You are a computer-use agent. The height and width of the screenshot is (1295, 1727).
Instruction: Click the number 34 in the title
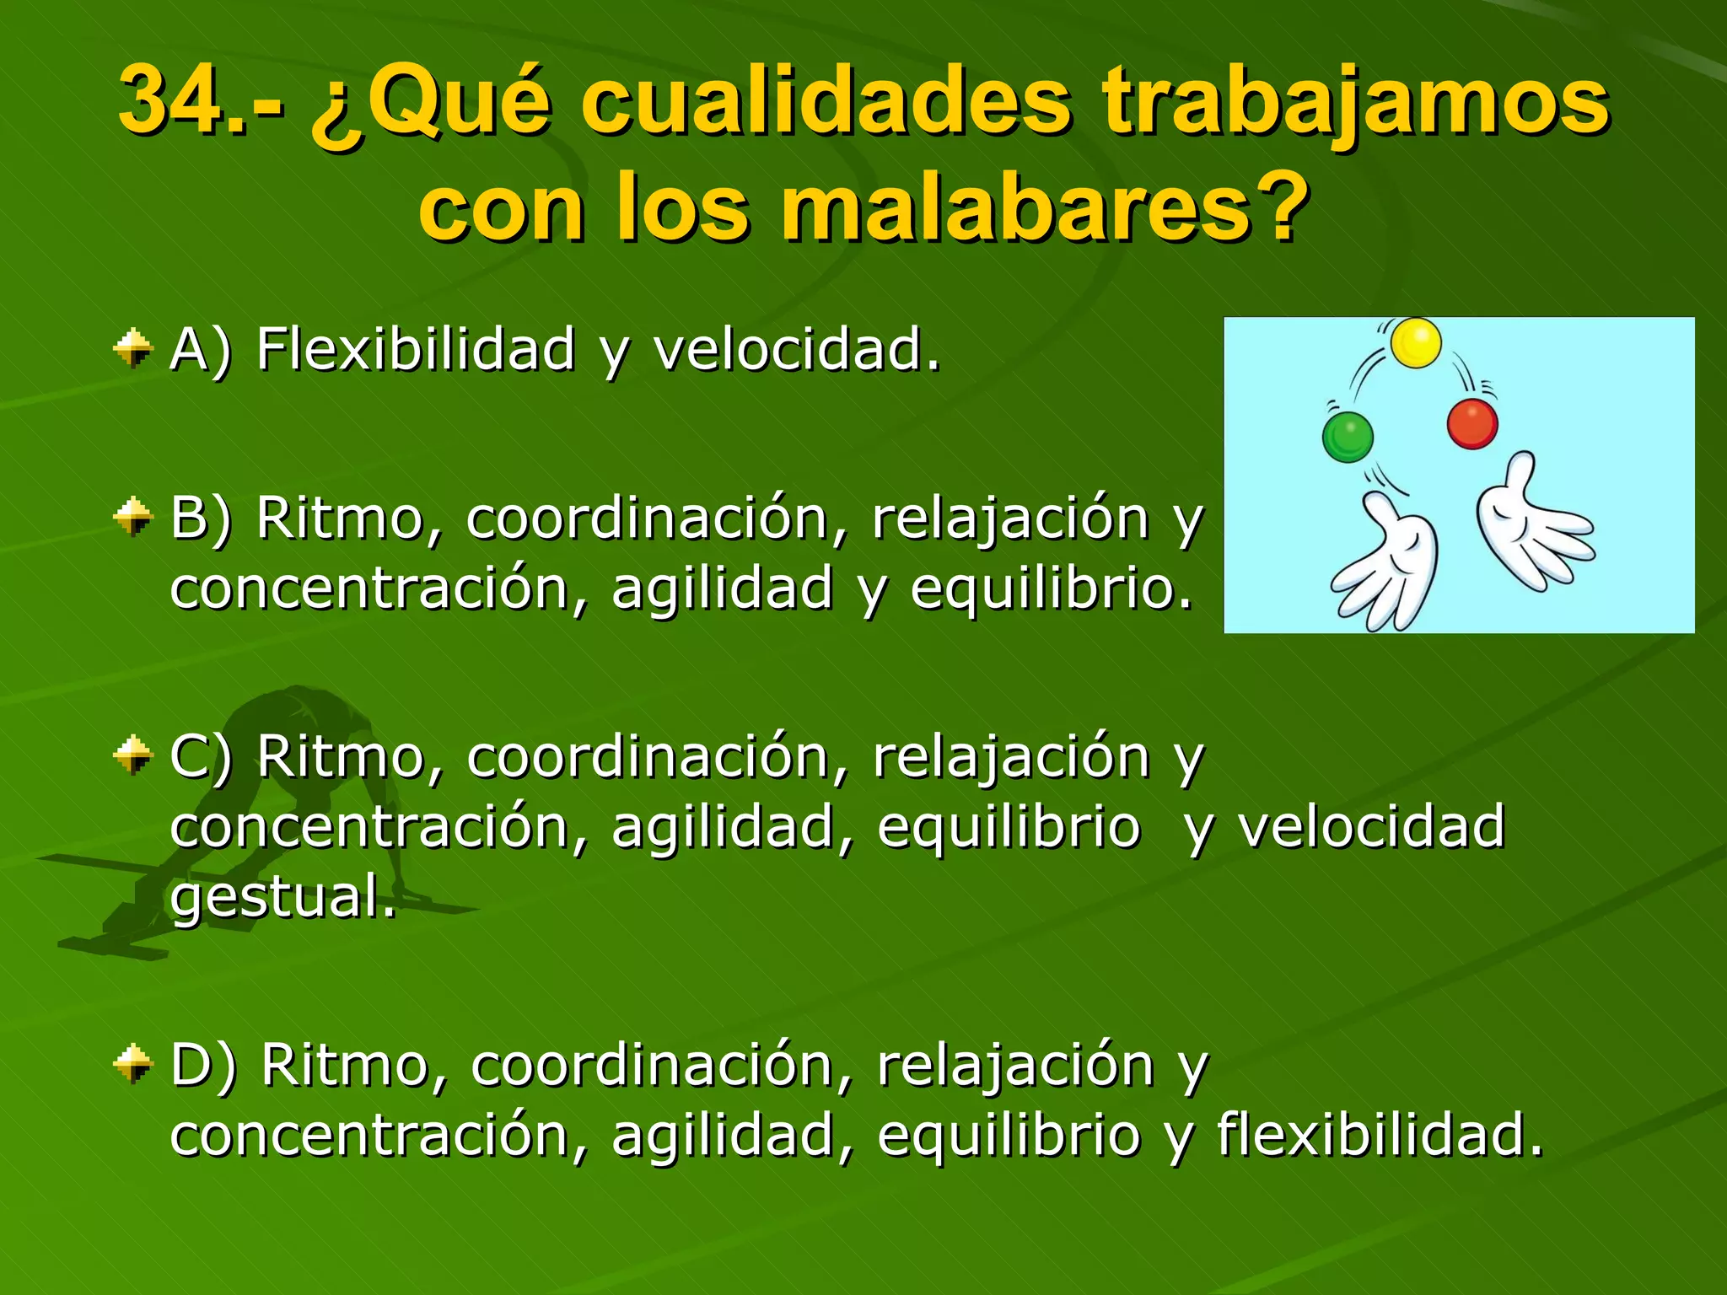[x=173, y=101]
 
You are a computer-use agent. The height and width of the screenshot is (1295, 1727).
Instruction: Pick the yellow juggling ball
[x=1415, y=343]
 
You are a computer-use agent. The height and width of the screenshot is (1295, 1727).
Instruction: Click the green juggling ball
[x=1348, y=437]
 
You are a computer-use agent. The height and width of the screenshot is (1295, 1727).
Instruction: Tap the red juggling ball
[x=1472, y=423]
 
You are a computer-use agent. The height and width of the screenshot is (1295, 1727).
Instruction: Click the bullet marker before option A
[x=133, y=348]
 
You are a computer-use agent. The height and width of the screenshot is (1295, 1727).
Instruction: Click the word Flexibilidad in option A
[x=415, y=348]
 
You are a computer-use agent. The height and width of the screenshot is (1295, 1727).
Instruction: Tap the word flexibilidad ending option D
[x=1379, y=1134]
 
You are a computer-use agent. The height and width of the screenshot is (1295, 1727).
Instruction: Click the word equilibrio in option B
[x=1050, y=588]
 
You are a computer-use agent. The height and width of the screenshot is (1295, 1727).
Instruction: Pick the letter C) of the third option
[x=200, y=755]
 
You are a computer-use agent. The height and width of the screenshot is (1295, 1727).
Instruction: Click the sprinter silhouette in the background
[x=253, y=809]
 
